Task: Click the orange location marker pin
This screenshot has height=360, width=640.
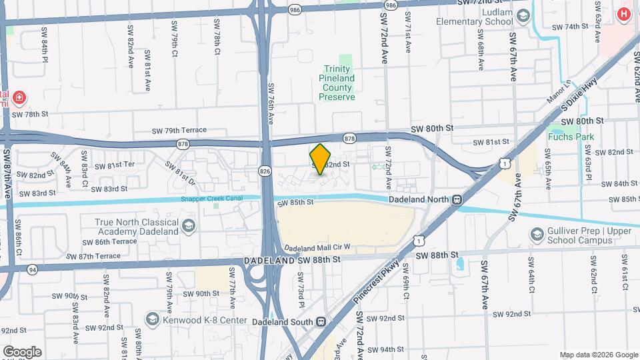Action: (321, 159)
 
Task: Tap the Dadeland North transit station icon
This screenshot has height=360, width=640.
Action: (457, 199)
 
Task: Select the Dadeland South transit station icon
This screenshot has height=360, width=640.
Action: (321, 321)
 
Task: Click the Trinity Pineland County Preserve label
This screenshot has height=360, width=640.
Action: (337, 83)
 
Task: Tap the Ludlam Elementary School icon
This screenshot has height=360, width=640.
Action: (523, 15)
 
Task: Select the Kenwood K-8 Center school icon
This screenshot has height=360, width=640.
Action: (153, 321)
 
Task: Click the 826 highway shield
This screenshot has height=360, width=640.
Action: (265, 171)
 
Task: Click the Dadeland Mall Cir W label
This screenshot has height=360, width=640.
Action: (318, 247)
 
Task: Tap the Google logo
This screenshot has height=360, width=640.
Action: (22, 352)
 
